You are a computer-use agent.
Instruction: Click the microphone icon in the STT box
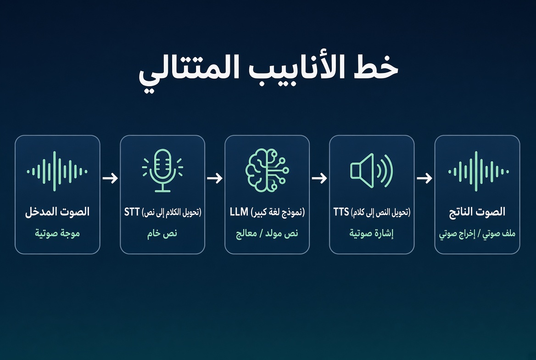[x=163, y=170]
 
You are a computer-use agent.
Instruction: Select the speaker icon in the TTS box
[x=372, y=170]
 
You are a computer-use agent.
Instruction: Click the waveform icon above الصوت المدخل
[x=57, y=171]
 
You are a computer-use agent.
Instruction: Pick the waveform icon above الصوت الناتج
[x=479, y=171]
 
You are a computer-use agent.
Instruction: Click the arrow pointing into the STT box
[x=110, y=178]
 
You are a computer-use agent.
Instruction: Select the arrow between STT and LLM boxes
[x=215, y=178]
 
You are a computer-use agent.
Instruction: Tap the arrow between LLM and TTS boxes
[x=319, y=178]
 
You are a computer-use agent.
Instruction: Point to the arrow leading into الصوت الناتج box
[x=424, y=178]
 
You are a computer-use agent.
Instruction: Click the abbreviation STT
[x=132, y=212]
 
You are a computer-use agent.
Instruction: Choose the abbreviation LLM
[x=239, y=212]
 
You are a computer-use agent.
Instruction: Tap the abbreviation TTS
[x=341, y=212]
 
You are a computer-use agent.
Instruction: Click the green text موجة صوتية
[x=57, y=233]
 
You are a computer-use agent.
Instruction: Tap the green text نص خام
[x=162, y=233]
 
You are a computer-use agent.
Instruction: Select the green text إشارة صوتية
[x=372, y=233]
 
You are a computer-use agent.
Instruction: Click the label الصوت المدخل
[x=57, y=212]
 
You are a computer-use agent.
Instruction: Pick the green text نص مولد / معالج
[x=267, y=233]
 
